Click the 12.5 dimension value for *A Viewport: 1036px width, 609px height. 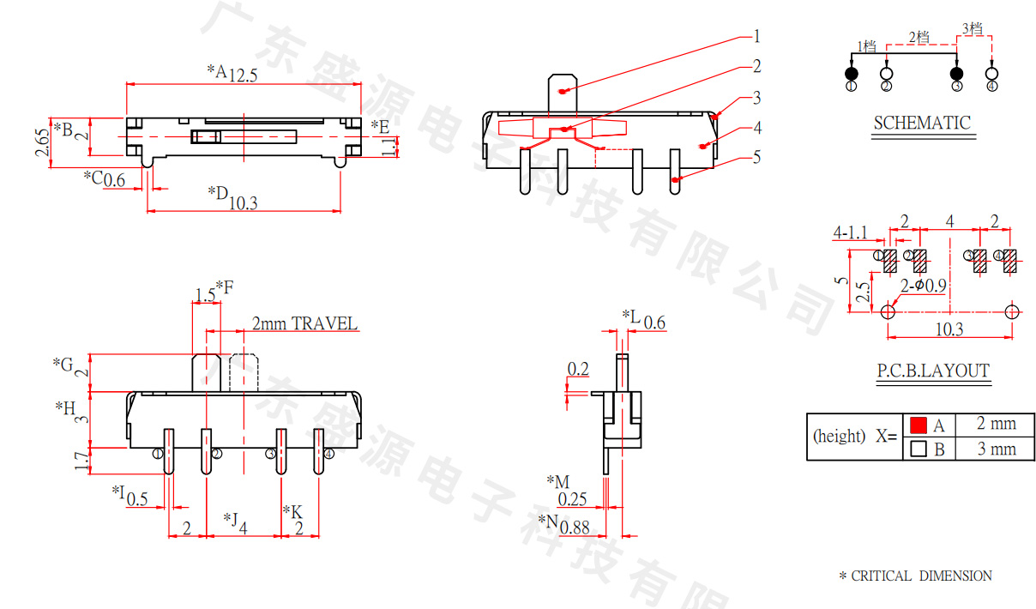(243, 75)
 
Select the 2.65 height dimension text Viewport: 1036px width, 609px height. (42, 143)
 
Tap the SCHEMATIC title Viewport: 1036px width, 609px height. (922, 123)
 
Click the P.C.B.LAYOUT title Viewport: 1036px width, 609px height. (933, 371)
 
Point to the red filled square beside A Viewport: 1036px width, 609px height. (919, 425)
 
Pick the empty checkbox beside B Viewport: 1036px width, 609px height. (919, 449)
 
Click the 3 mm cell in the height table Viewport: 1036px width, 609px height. (997, 449)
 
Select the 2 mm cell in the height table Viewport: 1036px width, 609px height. (997, 424)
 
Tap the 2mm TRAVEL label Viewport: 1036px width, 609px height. (304, 323)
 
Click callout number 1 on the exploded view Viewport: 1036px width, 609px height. (756, 36)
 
